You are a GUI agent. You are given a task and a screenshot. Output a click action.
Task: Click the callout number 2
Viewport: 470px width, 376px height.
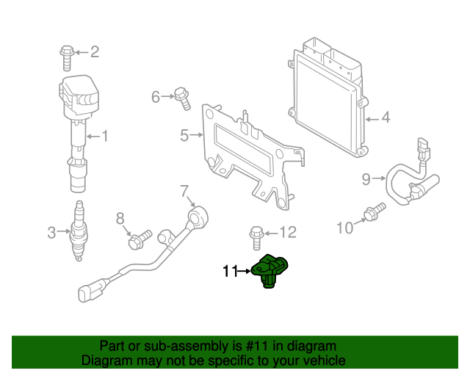click(94, 51)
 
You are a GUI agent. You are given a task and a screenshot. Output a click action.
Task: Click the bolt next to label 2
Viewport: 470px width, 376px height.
click(67, 54)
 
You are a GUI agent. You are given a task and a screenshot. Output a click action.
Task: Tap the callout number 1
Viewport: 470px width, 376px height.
click(104, 135)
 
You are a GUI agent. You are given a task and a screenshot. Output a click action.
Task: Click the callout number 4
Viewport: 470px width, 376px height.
click(386, 117)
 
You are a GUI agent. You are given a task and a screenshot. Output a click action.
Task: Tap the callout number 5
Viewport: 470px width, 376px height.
click(185, 135)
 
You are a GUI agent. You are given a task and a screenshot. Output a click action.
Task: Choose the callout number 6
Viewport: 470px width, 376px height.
click(156, 96)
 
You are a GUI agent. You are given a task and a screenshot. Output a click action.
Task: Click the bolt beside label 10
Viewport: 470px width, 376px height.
click(374, 212)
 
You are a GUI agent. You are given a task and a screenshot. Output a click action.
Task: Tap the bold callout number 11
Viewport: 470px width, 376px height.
click(231, 272)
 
